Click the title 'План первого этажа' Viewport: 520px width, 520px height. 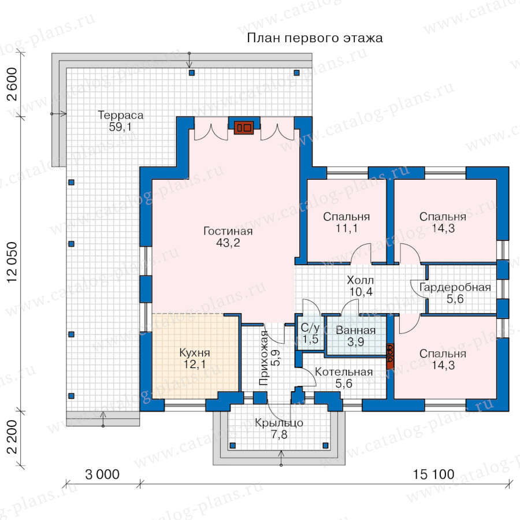(x=315, y=38)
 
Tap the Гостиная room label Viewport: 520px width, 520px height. (x=228, y=231)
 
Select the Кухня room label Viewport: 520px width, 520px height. (x=195, y=352)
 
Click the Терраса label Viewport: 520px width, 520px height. (x=121, y=116)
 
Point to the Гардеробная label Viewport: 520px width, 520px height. (x=455, y=287)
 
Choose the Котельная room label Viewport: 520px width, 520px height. (x=344, y=372)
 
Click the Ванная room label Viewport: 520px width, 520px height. (x=355, y=330)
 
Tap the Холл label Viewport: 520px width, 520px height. (x=360, y=280)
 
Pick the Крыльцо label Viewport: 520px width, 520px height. (x=279, y=423)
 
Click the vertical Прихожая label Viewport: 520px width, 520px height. (x=263, y=358)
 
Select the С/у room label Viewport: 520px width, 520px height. (x=310, y=328)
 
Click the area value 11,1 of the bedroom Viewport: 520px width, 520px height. (x=347, y=228)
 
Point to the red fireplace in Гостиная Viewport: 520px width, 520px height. (x=244, y=128)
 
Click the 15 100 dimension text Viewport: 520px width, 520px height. (x=433, y=474)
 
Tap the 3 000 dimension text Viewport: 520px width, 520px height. (x=102, y=474)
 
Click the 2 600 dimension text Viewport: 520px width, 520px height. (x=12, y=84)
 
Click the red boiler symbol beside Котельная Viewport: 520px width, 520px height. (x=390, y=356)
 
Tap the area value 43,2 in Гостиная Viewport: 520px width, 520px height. (x=228, y=243)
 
